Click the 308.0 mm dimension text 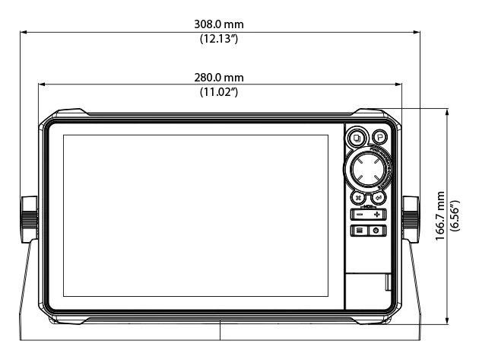(x=220, y=24)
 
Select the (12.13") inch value (x=220, y=39)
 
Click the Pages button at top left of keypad (x=357, y=139)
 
